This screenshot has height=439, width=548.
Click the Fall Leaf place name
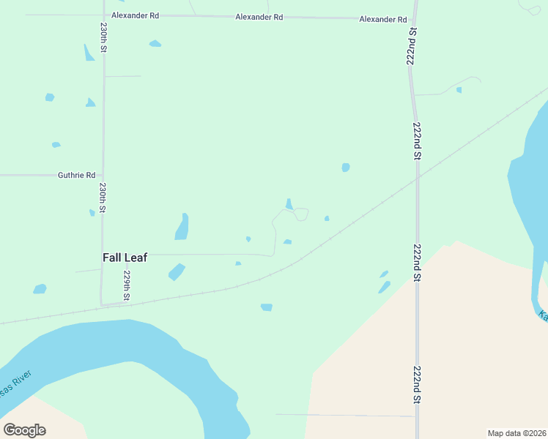(x=125, y=258)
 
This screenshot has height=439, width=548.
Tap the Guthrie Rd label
(x=76, y=176)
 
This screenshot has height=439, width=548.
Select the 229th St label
(x=127, y=282)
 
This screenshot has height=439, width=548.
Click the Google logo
(x=24, y=430)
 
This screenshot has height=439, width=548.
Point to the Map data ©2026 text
(x=516, y=433)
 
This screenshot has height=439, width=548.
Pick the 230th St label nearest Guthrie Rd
(x=103, y=198)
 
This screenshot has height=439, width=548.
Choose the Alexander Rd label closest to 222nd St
(x=382, y=19)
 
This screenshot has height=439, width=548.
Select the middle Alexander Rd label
(x=259, y=17)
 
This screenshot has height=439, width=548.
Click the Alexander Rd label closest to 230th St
(x=135, y=15)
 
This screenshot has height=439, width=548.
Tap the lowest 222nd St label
(x=417, y=385)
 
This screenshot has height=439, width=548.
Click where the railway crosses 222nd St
(x=417, y=177)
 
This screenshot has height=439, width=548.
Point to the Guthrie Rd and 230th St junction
(x=103, y=176)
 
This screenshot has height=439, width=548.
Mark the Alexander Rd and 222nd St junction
(x=414, y=19)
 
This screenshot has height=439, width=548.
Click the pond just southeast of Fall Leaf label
(x=176, y=272)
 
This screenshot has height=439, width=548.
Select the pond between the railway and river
(x=267, y=307)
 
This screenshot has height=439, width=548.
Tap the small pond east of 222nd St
(x=459, y=90)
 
